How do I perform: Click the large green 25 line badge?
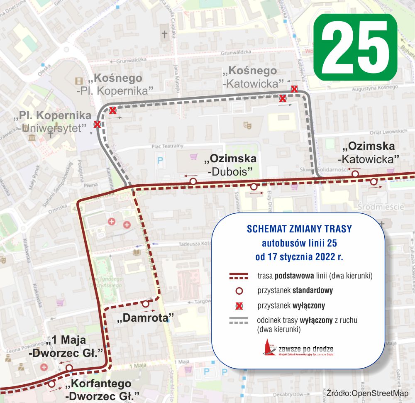(355, 47)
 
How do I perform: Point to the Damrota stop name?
(145, 319)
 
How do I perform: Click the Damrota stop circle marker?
(145, 304)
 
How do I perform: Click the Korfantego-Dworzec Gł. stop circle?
(51, 384)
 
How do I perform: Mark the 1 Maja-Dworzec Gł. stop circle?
(69, 368)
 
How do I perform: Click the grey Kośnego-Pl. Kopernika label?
(115, 84)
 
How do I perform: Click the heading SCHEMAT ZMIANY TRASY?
(299, 229)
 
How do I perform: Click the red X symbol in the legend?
(239, 306)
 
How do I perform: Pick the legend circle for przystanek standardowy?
(239, 291)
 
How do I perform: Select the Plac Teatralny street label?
(167, 146)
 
